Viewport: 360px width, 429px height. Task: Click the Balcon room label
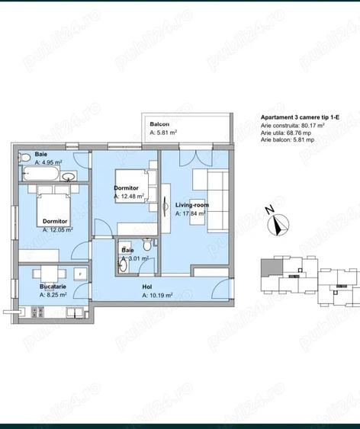pyautogui.click(x=159, y=123)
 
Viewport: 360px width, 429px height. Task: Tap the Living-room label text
pyautogui.click(x=191, y=205)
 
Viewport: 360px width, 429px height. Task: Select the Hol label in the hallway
pyautogui.click(x=147, y=287)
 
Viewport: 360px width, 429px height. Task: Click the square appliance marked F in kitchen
pyautogui.click(x=79, y=273)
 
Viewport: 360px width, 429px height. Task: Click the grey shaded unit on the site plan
pyautogui.click(x=269, y=269)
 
